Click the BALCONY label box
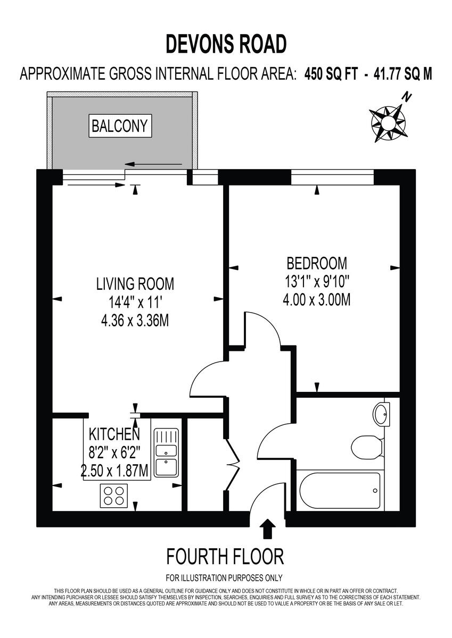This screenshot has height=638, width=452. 120,126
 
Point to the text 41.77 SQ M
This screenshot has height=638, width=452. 395,74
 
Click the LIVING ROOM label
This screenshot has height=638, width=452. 135,283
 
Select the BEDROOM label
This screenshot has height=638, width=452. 316,263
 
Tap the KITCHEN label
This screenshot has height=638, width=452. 114,434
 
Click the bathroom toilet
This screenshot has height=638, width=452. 367,447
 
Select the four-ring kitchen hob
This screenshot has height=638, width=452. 113,496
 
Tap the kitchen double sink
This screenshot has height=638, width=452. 166,452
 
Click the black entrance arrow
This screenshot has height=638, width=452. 267,529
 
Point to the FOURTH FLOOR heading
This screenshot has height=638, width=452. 225,557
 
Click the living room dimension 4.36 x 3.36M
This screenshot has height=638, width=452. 135,321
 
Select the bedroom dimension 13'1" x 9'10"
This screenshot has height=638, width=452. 316,281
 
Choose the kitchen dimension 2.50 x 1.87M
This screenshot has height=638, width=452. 114,471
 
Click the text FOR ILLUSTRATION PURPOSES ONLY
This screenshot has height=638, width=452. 224,578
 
